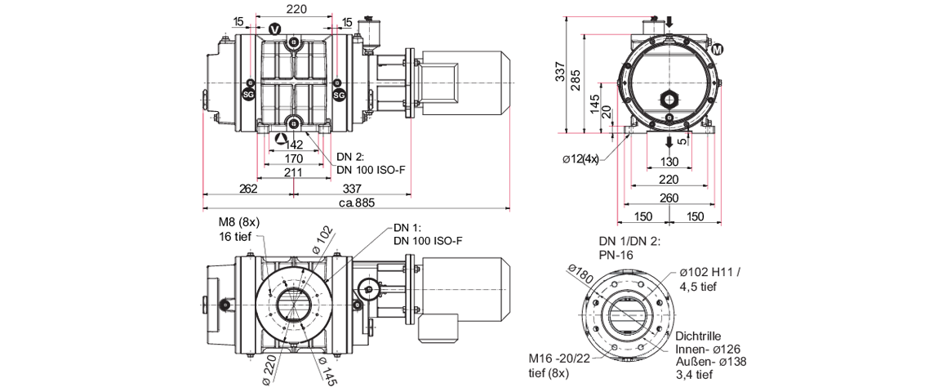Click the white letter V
274,30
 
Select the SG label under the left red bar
248,96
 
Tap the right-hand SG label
340,96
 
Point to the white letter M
718,51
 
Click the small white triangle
281,137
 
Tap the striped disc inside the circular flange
627,314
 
